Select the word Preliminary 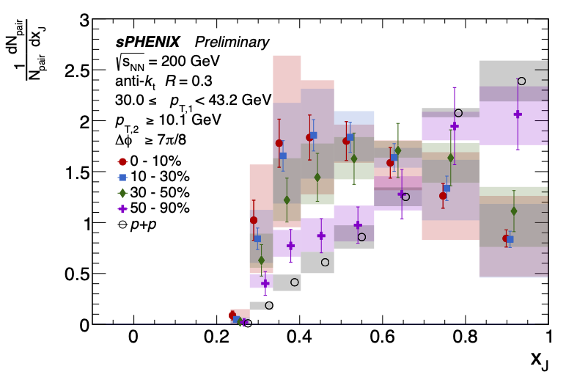(236, 43)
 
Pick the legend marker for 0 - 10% (122, 161)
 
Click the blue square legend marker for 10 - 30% (122, 177)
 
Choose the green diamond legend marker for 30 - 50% (122, 192)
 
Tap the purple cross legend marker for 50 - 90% (122, 208)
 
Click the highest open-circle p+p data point (521, 81)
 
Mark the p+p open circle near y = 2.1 (458, 113)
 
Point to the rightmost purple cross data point (518, 114)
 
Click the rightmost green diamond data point (513, 211)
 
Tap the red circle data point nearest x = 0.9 (506, 238)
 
